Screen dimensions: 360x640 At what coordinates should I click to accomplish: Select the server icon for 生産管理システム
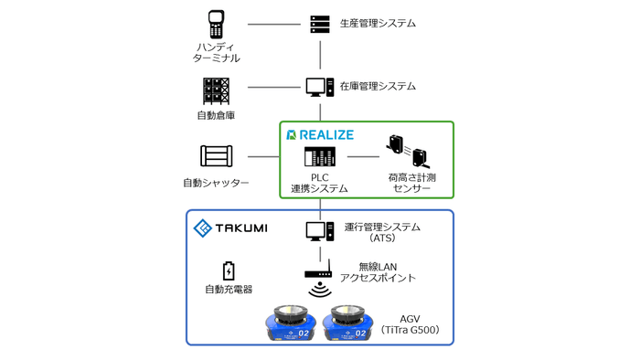[319, 22]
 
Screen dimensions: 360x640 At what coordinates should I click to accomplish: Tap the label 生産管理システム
[378, 22]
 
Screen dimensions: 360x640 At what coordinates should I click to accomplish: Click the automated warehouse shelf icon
[217, 90]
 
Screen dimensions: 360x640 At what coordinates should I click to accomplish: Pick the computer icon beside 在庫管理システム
[319, 88]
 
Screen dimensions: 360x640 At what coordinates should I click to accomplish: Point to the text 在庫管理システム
[378, 87]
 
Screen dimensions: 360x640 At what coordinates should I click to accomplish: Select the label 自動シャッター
[218, 183]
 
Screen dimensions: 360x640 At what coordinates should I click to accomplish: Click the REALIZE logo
[319, 134]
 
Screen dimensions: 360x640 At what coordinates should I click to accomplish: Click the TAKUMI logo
[229, 227]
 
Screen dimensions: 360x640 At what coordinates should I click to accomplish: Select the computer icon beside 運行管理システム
[319, 231]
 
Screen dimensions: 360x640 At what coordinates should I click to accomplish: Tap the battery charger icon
[229, 270]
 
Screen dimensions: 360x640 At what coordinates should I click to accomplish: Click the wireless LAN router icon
[319, 271]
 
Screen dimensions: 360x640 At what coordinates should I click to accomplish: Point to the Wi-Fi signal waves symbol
[319, 291]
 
